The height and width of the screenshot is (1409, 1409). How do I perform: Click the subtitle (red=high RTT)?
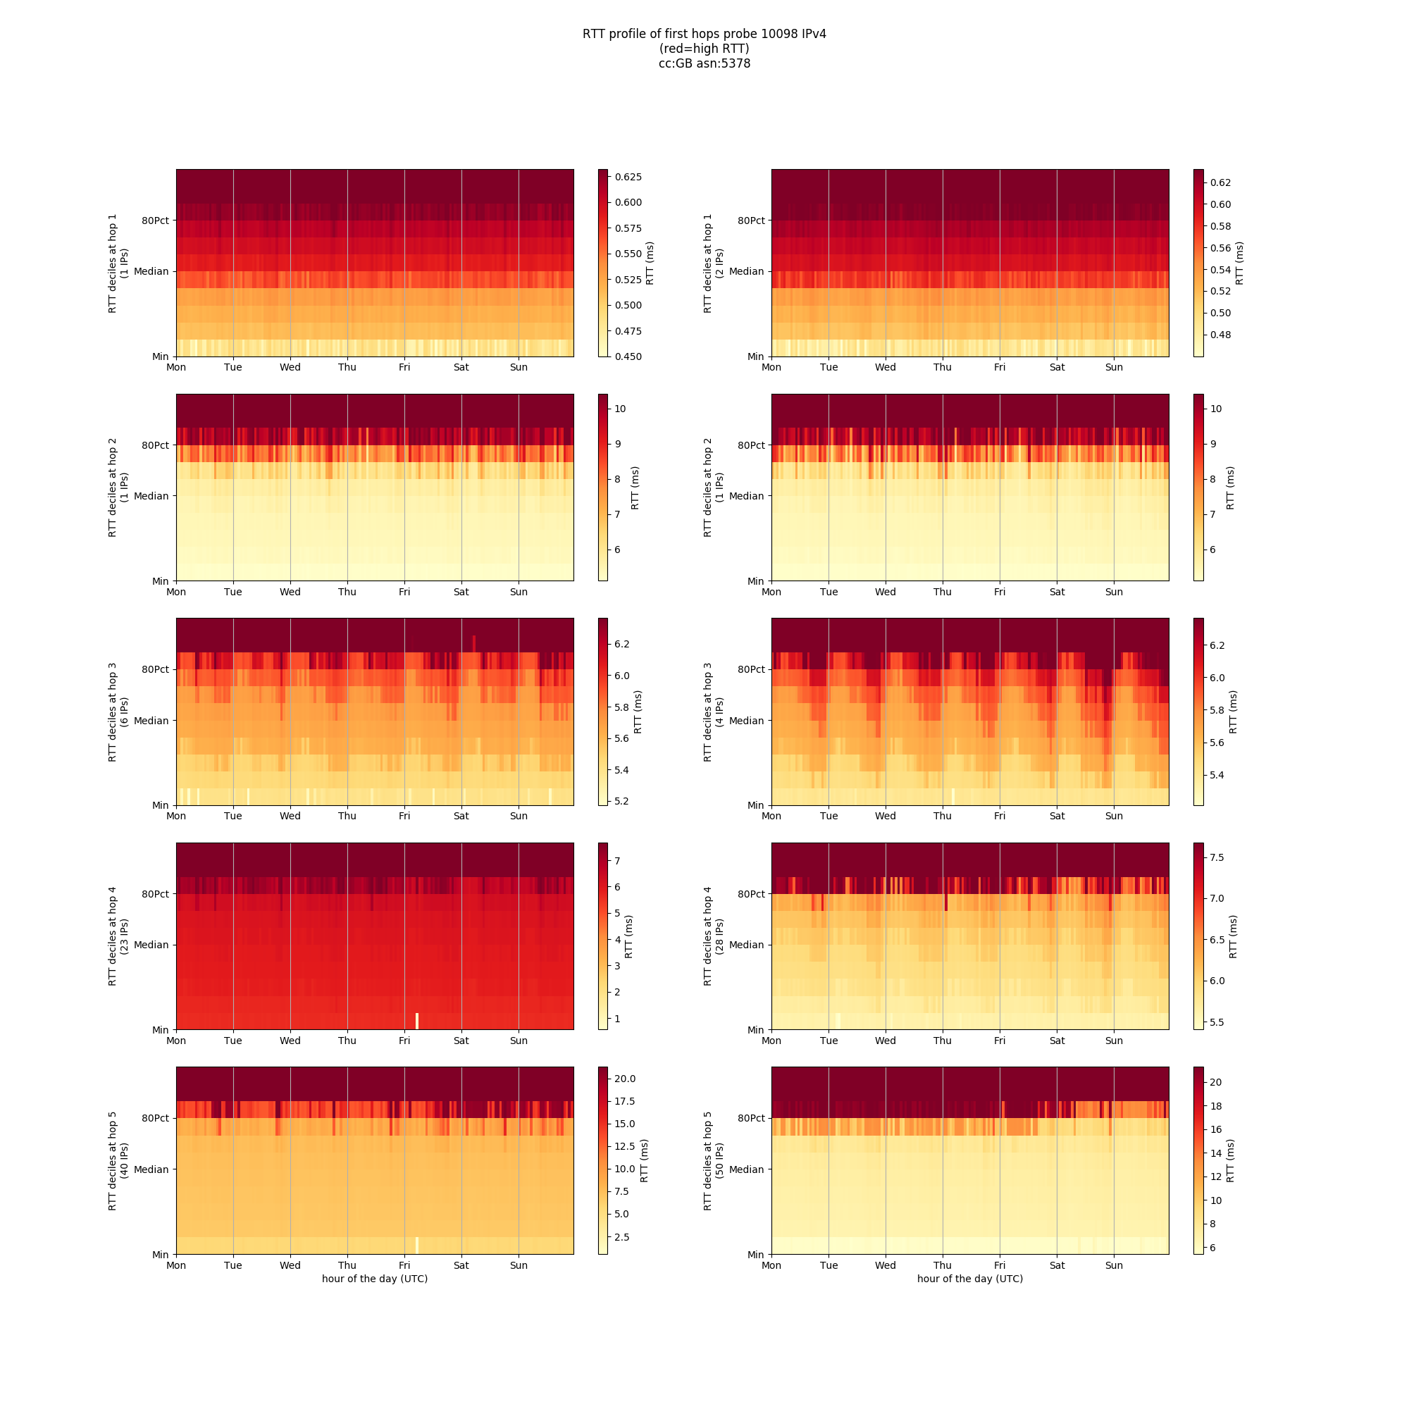coord(704,49)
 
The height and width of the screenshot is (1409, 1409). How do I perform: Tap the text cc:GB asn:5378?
coord(704,63)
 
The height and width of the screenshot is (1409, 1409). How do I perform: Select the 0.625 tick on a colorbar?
coord(628,178)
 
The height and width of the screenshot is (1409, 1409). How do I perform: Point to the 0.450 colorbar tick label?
coord(628,356)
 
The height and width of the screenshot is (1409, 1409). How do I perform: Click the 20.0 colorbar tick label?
coord(625,1079)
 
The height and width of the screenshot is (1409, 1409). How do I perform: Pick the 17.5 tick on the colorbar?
coord(625,1101)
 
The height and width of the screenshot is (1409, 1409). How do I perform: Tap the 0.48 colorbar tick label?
coord(1220,335)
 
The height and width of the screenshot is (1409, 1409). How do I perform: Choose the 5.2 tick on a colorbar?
coord(621,801)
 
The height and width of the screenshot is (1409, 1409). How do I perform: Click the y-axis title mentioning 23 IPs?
coord(118,936)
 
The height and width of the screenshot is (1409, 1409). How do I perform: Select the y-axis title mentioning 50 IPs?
coord(713,1161)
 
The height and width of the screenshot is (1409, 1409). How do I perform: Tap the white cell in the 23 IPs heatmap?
coord(417,1020)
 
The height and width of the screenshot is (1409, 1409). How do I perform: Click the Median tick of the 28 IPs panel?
coord(746,945)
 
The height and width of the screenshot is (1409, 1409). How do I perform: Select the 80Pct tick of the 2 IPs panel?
coord(750,221)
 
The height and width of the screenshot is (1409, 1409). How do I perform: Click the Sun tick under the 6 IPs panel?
coord(519,816)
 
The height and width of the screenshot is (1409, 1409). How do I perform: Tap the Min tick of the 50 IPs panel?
coord(755,1255)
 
